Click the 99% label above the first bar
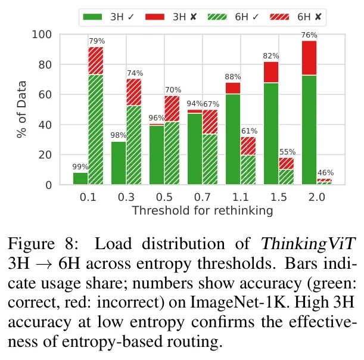click(x=80, y=167)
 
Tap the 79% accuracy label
click(x=97, y=41)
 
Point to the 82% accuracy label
click(x=271, y=56)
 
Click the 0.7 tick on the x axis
click(x=195, y=198)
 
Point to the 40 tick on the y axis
click(x=47, y=125)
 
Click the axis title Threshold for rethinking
click(x=202, y=210)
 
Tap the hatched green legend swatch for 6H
click(x=219, y=17)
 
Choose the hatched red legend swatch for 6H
click(x=279, y=17)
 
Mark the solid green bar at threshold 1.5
click(x=271, y=134)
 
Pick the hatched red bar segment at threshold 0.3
click(x=133, y=92)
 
